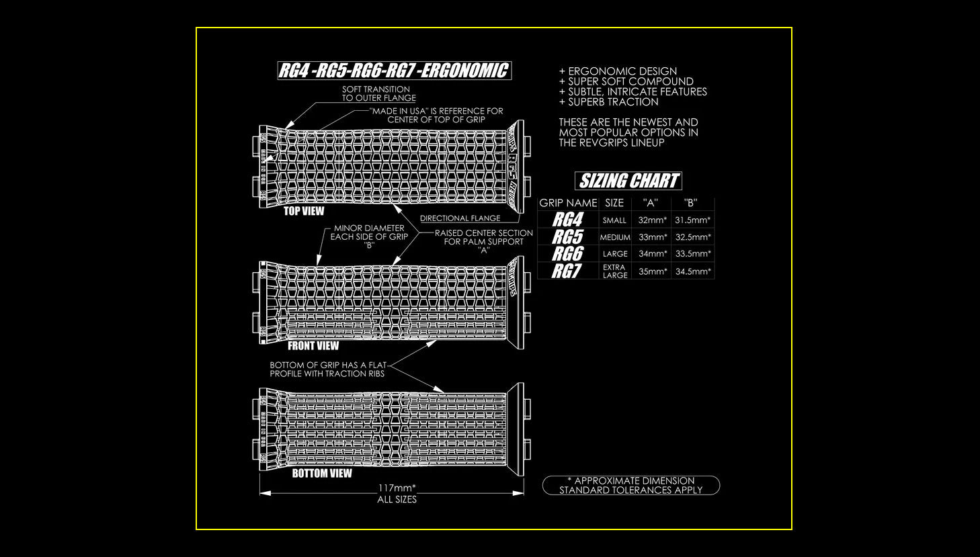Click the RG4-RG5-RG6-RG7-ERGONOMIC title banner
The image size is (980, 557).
point(395,71)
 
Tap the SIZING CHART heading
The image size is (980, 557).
point(628,181)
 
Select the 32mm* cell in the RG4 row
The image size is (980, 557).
point(652,220)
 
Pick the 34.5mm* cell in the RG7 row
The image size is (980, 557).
point(692,271)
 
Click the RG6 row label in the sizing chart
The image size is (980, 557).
point(567,254)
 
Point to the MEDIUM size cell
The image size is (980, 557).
point(614,237)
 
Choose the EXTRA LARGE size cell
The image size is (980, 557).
point(614,271)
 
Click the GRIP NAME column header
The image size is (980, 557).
point(568,203)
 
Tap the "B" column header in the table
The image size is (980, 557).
point(690,203)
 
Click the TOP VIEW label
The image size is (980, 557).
point(304,211)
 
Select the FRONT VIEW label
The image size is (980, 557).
point(313,346)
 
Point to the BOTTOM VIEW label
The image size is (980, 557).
point(322,474)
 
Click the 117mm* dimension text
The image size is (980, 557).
point(397,488)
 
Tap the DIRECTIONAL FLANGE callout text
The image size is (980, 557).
point(460,218)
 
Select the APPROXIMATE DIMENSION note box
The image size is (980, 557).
point(630,485)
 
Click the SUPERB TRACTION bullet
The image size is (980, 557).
point(608,102)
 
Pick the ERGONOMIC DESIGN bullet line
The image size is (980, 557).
point(618,71)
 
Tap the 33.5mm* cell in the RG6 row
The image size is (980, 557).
point(692,254)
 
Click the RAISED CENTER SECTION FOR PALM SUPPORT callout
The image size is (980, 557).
point(483,241)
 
